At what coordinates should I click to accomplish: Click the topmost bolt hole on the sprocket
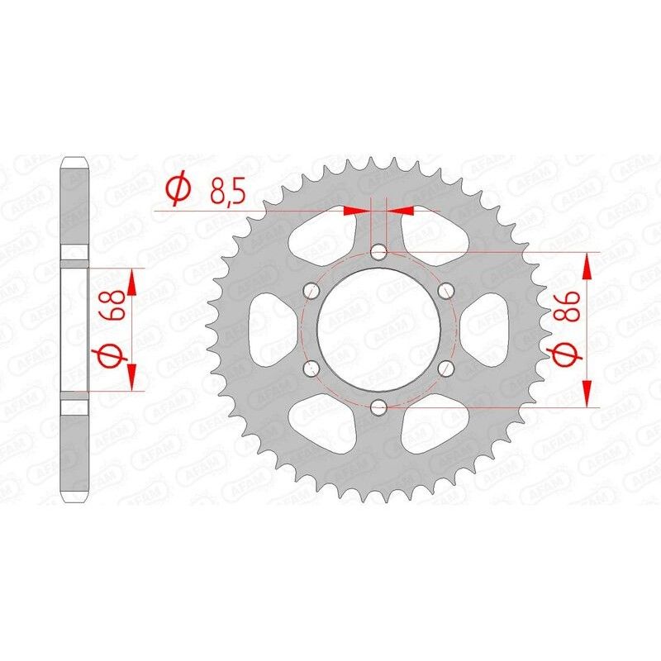point(378,251)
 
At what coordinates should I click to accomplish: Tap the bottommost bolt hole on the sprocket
point(378,407)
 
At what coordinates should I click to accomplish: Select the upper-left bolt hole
point(311,290)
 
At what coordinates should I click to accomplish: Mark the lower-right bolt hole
point(446,368)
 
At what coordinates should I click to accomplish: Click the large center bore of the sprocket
point(378,329)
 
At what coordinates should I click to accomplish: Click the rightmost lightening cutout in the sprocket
point(488,329)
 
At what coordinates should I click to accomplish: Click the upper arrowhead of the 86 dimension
point(587,264)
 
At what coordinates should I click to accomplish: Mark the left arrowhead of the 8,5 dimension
point(355,212)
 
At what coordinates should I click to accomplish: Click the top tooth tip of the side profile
point(74,160)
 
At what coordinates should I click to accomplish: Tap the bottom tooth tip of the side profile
point(74,497)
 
